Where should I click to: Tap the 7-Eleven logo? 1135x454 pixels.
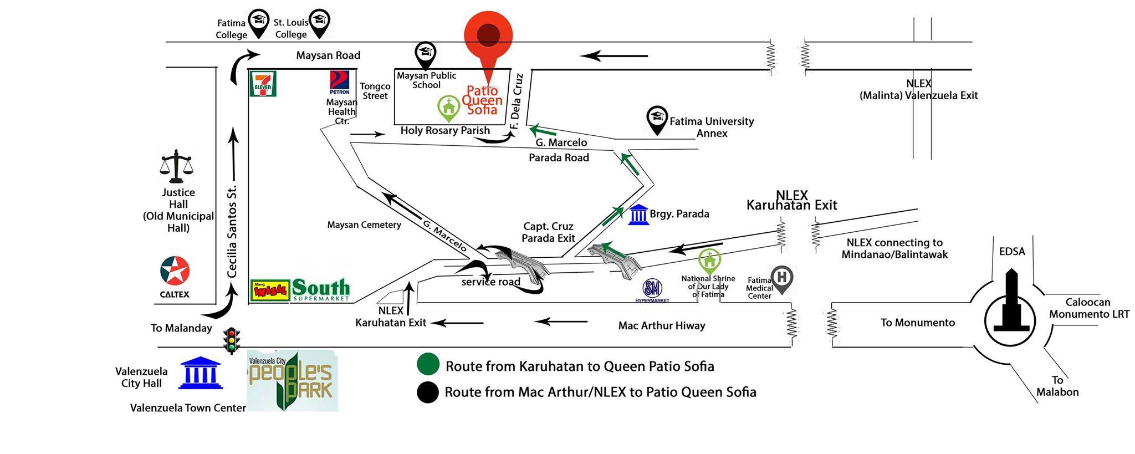pos(263,84)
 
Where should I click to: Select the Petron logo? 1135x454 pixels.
pos(339,83)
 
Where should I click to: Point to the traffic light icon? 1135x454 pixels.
pos(232,340)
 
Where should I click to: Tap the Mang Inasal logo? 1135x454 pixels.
pos(270,290)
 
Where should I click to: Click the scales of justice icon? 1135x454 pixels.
pos(176,166)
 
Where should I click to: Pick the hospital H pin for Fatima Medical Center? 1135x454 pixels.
pos(781,279)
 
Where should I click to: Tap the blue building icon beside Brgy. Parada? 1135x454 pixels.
pos(638,214)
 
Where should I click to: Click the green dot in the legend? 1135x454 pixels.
pos(428,365)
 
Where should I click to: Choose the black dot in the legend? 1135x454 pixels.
pos(428,392)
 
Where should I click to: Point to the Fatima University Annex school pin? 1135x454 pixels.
pos(657,121)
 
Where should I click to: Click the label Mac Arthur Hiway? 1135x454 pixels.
pos(662,325)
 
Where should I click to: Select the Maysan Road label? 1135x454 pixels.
pos(328,55)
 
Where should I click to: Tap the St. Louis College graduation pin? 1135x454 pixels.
pos(319,23)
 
